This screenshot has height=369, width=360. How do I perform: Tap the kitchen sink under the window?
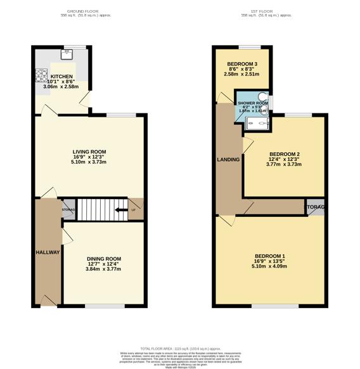tap(67, 53)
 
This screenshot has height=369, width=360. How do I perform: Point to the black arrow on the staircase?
tap(119, 209)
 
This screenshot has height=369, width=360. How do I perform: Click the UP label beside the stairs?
tap(132, 209)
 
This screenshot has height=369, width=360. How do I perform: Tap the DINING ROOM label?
tap(103, 259)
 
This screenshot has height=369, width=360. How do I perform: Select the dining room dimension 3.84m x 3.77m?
tap(103, 269)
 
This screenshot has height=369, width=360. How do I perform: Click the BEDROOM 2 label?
tap(284, 154)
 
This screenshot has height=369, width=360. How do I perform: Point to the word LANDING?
tap(228, 159)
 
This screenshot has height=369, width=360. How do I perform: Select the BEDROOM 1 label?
tap(270, 255)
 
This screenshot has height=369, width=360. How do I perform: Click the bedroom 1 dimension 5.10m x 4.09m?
tap(270, 266)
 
